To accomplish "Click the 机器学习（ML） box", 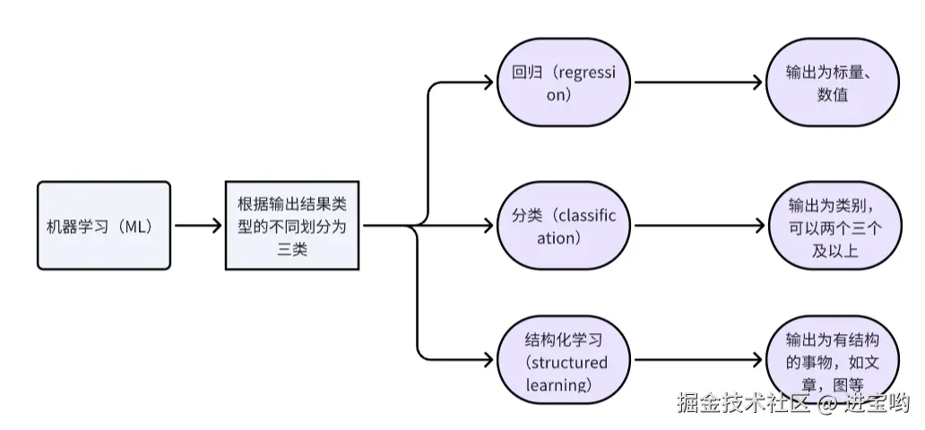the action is coord(104,226).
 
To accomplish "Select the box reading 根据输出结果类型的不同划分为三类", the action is coord(292,226).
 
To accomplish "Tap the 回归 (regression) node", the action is coord(564,82).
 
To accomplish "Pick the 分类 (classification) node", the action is coord(564,226).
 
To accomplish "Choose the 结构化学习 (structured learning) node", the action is coord(564,360).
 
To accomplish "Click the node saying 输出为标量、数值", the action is coord(833,82).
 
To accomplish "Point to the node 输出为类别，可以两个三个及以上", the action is coord(834,226).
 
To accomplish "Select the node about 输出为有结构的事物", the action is coord(833,360).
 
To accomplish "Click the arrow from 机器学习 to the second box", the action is coord(198,226).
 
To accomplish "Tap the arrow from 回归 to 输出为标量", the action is coord(698,82).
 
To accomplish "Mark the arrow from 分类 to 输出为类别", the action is coord(700,226).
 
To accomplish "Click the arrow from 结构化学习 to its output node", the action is coord(698,360).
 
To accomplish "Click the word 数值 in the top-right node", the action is coord(833,94).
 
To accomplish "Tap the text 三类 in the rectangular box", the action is coord(292,249).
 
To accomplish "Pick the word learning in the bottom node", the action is coord(558,385).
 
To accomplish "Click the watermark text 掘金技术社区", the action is coord(744,402).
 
